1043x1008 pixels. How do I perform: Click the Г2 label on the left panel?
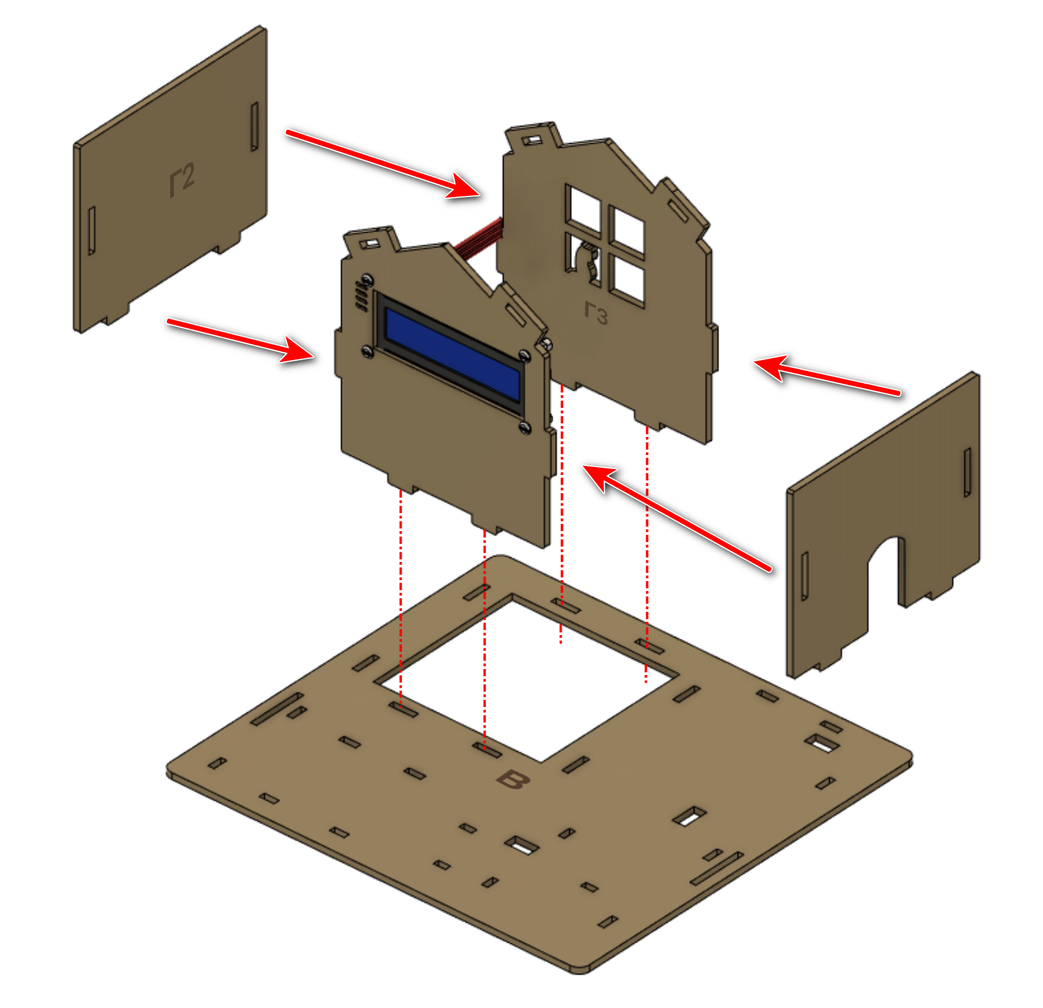[182, 179]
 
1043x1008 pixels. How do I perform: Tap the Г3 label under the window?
[596, 312]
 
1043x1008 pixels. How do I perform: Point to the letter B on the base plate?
[513, 780]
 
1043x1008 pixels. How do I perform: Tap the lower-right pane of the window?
[626, 279]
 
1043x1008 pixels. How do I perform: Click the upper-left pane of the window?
[583, 209]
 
